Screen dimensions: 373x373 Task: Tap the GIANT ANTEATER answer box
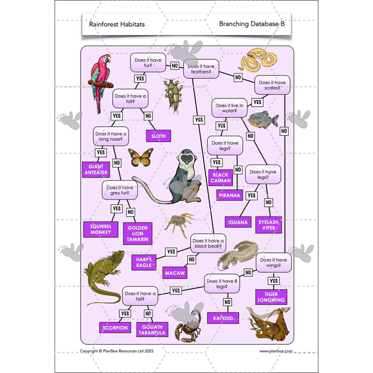95,169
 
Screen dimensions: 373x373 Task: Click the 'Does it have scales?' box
273,85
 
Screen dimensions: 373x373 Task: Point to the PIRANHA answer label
230,195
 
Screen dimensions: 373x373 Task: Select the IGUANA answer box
239,222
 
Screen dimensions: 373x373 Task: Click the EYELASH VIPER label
269,225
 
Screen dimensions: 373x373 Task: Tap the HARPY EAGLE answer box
144,262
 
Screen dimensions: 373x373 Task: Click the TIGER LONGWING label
271,296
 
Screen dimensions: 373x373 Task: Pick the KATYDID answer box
223,318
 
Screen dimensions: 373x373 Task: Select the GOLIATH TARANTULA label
151,330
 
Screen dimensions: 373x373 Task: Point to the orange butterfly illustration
140,157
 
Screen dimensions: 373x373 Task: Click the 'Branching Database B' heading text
251,23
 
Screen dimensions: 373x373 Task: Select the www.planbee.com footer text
276,351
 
